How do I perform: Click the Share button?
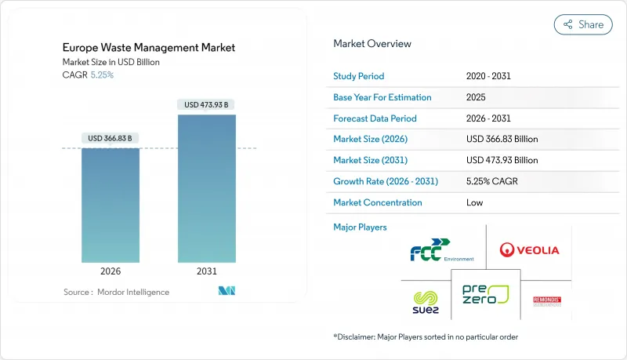click(x=583, y=24)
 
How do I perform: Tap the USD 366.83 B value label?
click(x=111, y=138)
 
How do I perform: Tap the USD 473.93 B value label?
click(x=207, y=104)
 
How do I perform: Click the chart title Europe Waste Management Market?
click(x=149, y=48)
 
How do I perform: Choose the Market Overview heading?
click(x=372, y=44)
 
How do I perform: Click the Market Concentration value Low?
click(x=474, y=202)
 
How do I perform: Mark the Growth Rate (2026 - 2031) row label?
click(x=386, y=181)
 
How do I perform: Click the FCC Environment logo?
click(x=441, y=253)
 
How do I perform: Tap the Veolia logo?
click(x=529, y=249)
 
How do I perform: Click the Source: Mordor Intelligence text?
click(x=116, y=292)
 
